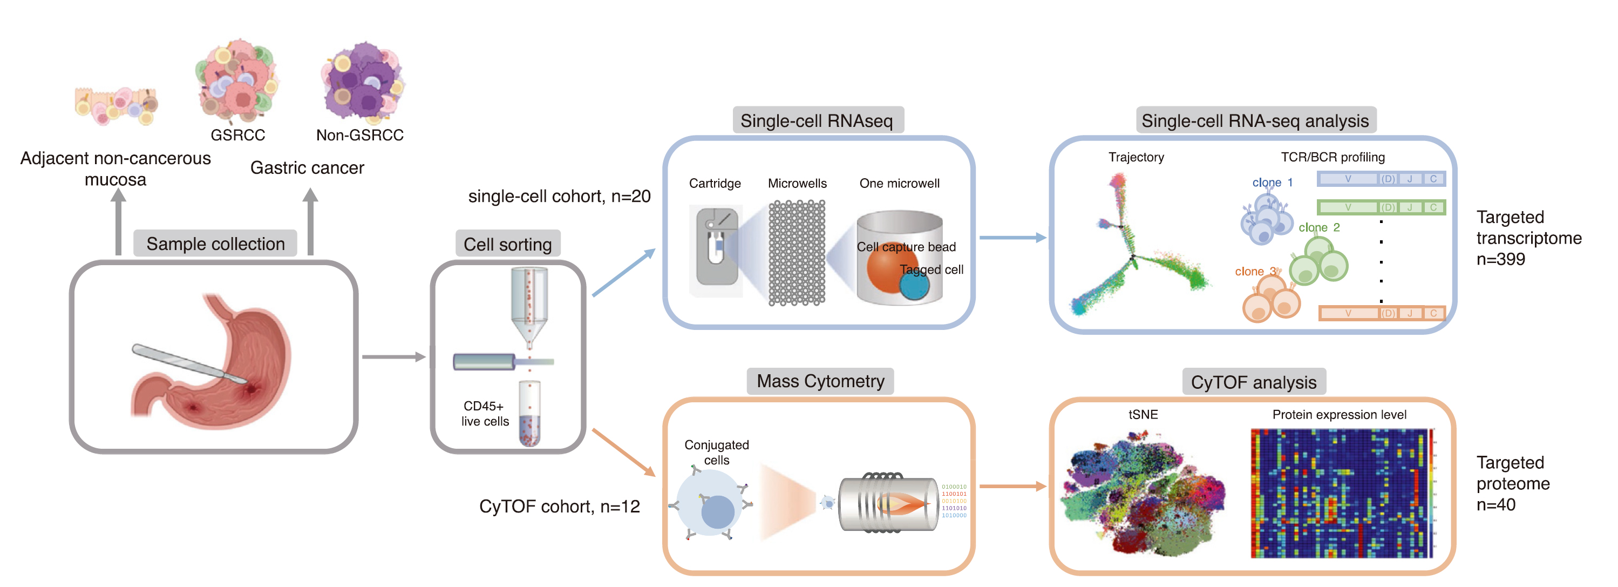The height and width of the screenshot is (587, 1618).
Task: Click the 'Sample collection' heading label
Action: click(x=215, y=244)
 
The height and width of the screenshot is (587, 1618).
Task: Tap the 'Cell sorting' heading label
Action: click(x=507, y=245)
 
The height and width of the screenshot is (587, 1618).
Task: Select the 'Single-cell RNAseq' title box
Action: click(x=817, y=120)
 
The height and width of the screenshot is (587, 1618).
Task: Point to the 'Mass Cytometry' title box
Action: click(x=820, y=381)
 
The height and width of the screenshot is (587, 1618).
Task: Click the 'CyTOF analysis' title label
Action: click(x=1253, y=382)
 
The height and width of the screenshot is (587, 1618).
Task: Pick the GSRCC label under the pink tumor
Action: click(x=237, y=135)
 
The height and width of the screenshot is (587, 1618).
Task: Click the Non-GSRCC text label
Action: click(x=359, y=135)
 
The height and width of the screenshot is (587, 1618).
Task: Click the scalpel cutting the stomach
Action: click(x=188, y=364)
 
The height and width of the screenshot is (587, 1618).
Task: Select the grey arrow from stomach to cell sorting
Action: click(x=393, y=357)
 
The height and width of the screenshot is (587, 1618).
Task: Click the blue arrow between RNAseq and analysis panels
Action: click(x=1012, y=238)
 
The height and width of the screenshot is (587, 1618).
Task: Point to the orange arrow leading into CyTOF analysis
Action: click(x=1012, y=486)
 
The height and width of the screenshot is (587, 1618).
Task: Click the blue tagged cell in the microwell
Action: click(x=915, y=286)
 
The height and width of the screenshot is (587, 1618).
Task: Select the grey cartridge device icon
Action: click(x=717, y=246)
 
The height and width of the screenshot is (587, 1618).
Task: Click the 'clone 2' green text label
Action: click(x=1319, y=227)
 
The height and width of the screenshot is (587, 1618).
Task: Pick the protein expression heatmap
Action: click(x=1341, y=494)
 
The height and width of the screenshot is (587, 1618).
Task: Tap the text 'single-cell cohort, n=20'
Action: click(x=559, y=196)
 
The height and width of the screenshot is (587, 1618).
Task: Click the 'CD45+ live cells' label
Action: click(x=485, y=414)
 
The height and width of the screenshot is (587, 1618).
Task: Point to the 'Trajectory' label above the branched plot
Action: click(x=1136, y=157)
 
